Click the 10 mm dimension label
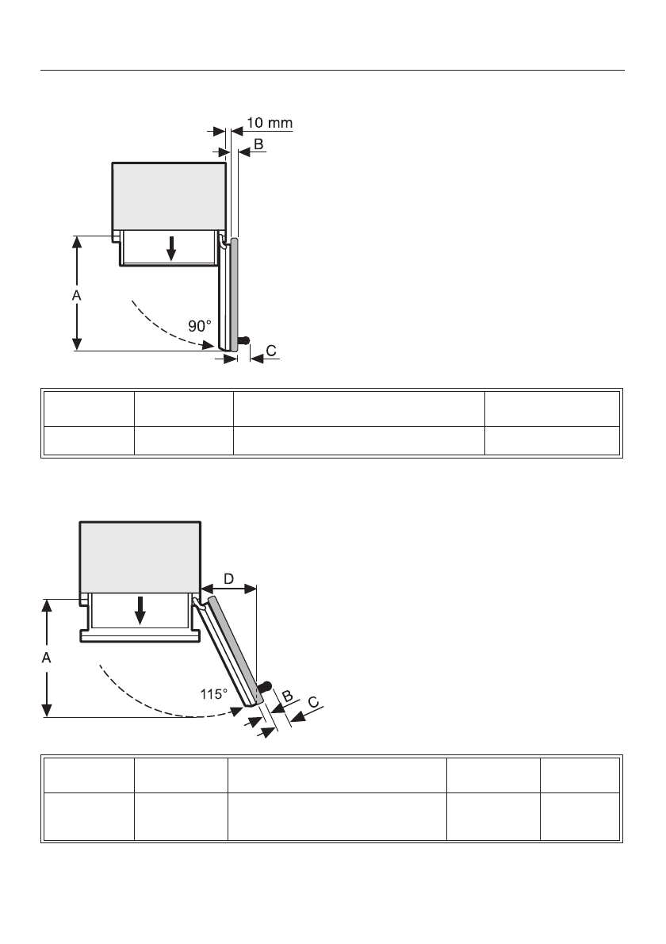[270, 123]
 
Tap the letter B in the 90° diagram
[258, 144]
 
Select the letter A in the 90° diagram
[77, 294]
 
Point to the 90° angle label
[200, 325]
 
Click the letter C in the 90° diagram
[272, 349]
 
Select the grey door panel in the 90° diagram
[235, 294]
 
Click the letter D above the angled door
[228, 580]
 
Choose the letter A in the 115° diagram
[48, 658]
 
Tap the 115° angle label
[214, 693]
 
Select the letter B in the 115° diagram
[287, 696]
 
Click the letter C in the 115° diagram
[314, 703]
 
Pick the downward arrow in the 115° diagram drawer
[140, 609]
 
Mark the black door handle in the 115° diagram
[265, 684]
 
